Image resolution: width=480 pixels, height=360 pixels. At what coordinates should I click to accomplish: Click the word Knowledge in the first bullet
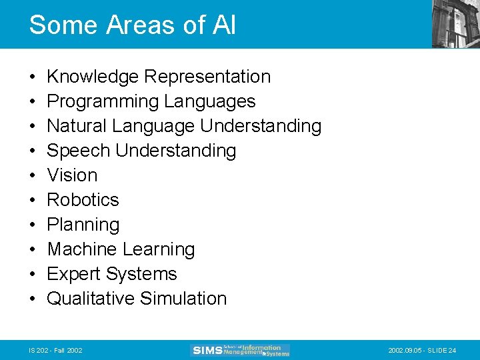click(93, 77)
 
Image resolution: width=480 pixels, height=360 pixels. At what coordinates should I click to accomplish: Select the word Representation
click(207, 77)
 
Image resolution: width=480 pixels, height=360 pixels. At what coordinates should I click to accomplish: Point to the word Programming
click(103, 101)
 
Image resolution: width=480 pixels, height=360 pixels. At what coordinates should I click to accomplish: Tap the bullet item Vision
click(72, 175)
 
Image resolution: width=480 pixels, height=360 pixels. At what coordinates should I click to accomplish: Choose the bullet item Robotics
click(83, 200)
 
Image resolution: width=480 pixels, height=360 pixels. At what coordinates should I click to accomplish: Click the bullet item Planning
click(83, 225)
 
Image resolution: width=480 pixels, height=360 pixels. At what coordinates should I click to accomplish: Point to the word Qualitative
click(91, 299)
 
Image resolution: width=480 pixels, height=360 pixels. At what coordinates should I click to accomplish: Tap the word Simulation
click(183, 299)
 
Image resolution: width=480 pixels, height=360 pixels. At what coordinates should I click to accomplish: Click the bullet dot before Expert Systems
click(33, 274)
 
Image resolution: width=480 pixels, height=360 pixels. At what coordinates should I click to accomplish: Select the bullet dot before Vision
click(33, 175)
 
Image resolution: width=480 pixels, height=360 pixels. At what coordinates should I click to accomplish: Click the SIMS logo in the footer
click(241, 350)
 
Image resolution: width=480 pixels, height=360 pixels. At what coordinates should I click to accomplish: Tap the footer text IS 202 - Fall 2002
click(56, 351)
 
